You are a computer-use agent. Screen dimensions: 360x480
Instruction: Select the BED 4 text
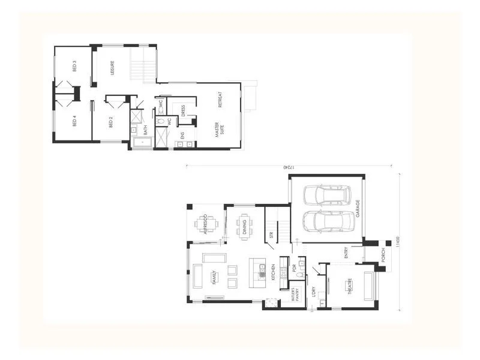coord(74,121)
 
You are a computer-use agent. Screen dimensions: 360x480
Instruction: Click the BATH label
coord(146,130)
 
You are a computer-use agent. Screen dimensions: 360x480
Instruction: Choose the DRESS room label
coord(182,112)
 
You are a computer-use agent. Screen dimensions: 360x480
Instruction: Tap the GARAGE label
coord(358,209)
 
